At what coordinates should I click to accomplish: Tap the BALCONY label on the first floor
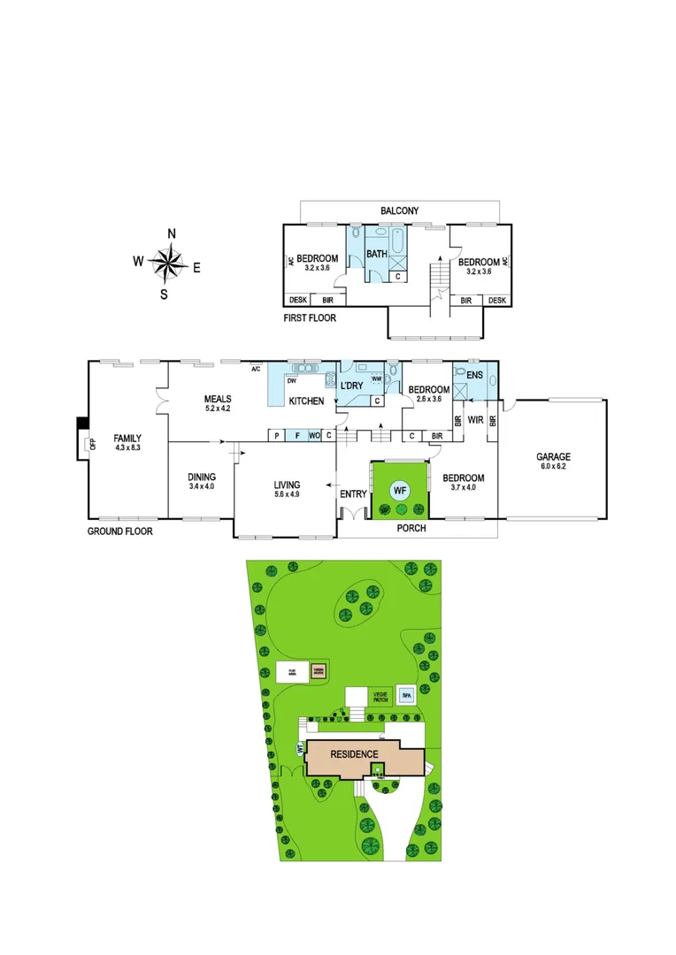pyautogui.click(x=399, y=211)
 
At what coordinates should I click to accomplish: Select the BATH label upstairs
pyautogui.click(x=377, y=254)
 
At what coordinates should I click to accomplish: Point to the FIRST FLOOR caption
pyautogui.click(x=310, y=317)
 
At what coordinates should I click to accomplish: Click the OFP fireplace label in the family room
pyautogui.click(x=91, y=444)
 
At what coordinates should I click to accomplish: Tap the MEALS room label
pyautogui.click(x=217, y=398)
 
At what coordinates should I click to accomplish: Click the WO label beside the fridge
pyautogui.click(x=313, y=435)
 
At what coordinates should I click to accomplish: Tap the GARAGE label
pyautogui.click(x=553, y=457)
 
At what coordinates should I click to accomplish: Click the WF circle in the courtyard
pyautogui.click(x=400, y=489)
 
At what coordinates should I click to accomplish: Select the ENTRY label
pyautogui.click(x=353, y=494)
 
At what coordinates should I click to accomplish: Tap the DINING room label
pyautogui.click(x=201, y=477)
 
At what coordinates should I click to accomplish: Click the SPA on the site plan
pyautogui.click(x=407, y=694)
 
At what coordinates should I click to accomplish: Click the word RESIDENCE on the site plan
pyautogui.click(x=355, y=754)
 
